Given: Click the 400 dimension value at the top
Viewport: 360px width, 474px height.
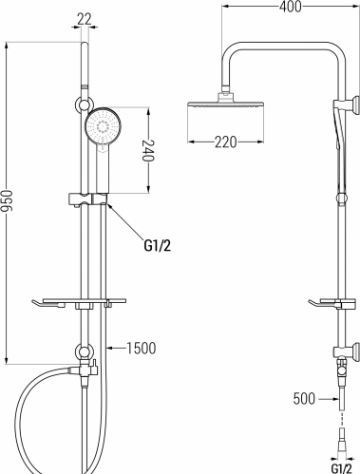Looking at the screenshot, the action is (x=291, y=7).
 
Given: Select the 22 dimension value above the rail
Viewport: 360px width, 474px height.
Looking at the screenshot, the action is (x=85, y=20).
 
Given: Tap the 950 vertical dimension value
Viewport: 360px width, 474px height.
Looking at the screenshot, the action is (x=6, y=200).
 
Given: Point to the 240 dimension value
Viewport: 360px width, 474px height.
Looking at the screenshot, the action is (x=148, y=150).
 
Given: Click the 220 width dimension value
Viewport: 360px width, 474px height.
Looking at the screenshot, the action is (x=226, y=142).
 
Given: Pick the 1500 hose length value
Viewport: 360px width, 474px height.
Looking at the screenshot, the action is (x=142, y=348).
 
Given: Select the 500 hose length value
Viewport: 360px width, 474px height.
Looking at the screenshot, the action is (x=304, y=399).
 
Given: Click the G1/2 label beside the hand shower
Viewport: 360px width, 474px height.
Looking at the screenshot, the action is (x=158, y=245).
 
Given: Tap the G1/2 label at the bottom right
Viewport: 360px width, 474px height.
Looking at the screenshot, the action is (x=342, y=468).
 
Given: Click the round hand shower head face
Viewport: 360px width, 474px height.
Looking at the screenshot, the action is (x=103, y=126).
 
